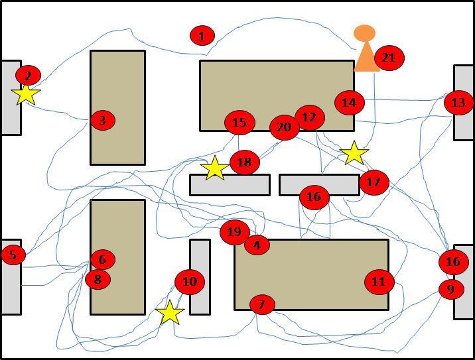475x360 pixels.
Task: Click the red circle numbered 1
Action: coord(202,36)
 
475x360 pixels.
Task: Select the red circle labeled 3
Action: coord(102,120)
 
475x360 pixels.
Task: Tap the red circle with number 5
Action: coord(13,255)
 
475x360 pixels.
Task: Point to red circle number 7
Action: coord(262,304)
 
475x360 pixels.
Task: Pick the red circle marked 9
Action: coord(451,289)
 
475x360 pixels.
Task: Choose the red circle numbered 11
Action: coord(379,282)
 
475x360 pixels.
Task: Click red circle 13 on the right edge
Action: coord(458,102)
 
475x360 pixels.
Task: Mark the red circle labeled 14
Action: coord(349,102)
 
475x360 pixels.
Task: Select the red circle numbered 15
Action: coord(239,122)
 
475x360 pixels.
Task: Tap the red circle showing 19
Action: coord(234,231)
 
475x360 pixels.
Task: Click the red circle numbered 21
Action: coord(388,58)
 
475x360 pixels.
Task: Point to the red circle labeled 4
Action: coord(257,245)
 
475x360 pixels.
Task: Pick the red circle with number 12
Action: coord(309,117)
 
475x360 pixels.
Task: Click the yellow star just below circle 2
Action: coord(26,94)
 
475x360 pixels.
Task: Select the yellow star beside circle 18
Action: coord(214,168)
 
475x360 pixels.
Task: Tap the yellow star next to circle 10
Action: coord(170,312)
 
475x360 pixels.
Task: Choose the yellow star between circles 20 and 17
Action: coord(354,153)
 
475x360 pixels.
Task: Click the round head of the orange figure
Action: coord(364,32)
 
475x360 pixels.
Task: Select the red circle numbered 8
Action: coord(98,279)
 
